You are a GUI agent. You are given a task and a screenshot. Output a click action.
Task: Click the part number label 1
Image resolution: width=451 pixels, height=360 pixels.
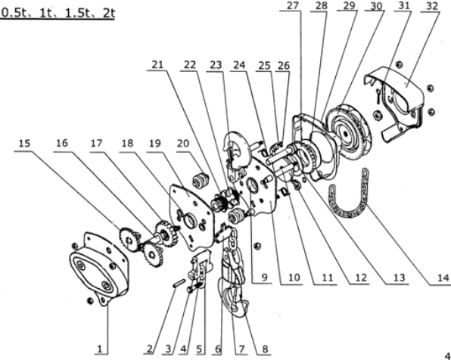pos(100,349)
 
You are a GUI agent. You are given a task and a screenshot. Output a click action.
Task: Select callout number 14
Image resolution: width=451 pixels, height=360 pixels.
pos(443,278)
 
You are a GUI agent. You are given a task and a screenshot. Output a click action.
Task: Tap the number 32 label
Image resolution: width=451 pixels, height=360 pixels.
pos(431,6)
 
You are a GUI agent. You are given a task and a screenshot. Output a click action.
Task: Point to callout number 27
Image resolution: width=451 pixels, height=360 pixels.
pos(293,5)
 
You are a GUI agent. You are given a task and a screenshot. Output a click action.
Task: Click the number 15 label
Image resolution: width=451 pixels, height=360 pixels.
pos(24,143)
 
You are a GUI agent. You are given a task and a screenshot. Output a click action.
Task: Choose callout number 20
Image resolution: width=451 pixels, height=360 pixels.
pos(183,143)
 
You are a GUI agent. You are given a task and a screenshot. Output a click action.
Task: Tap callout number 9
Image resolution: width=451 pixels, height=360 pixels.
pos(265,278)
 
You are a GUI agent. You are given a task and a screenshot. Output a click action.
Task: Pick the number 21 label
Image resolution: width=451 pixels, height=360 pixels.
pos(157,65)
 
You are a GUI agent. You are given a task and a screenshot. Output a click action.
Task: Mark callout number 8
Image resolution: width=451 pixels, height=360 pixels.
pos(265,349)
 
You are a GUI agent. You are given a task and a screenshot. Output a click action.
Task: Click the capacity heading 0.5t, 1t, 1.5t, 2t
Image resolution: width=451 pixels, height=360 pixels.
pos(58,13)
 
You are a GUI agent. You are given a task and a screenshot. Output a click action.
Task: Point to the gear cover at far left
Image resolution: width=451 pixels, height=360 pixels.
pos(98,268)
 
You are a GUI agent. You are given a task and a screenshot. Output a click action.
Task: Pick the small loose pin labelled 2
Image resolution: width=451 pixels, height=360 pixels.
pos(179,283)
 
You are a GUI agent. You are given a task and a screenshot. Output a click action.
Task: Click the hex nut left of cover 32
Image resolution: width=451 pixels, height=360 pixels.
pos(378,115)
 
